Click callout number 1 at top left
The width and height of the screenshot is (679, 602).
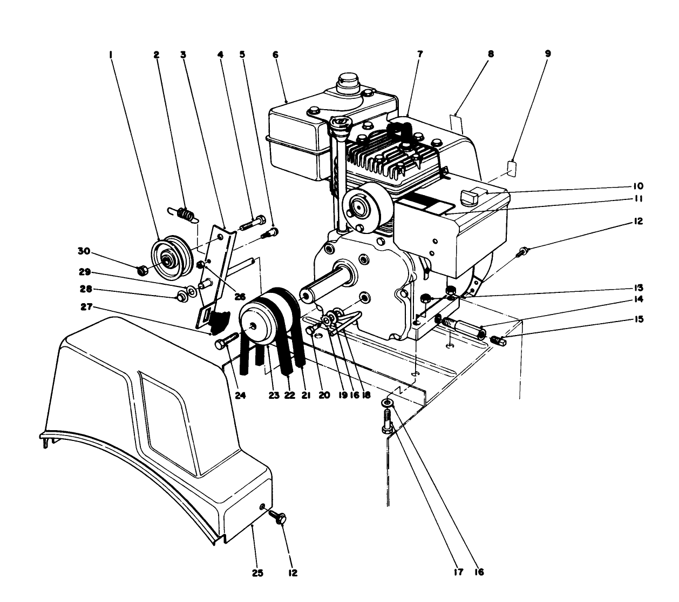pos(110,54)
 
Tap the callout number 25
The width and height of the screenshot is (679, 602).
pos(258,573)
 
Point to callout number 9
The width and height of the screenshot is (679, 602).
pos(548,54)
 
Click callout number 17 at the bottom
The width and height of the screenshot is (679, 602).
pos(458,572)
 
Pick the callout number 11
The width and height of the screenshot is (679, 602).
pos(638,198)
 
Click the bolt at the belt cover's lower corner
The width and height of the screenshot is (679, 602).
pos(278,517)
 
